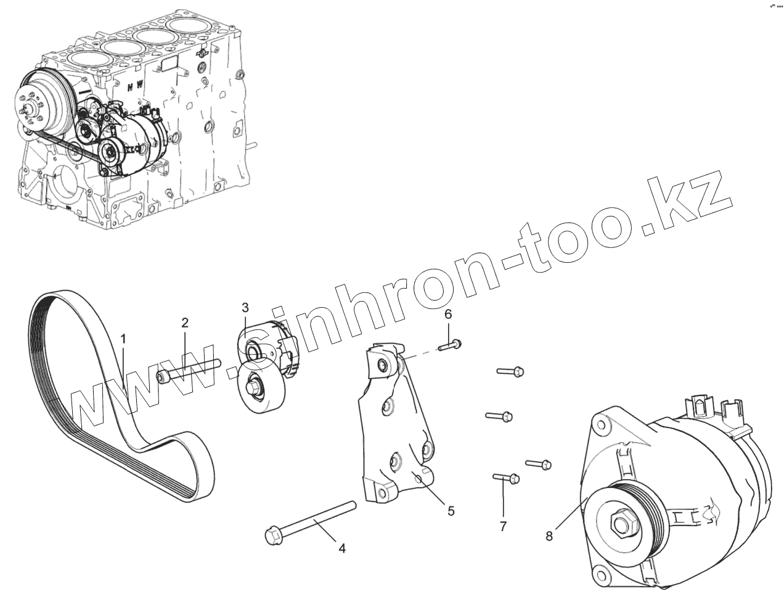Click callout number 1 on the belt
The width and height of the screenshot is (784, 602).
[123, 339]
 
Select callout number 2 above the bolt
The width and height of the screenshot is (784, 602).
[184, 322]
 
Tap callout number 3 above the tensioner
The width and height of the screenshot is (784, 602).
[245, 307]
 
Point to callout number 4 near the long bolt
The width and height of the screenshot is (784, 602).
[341, 548]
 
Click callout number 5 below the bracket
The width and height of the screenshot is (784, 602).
[451, 510]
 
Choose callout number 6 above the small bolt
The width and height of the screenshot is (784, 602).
[448, 314]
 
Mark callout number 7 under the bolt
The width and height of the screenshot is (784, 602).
[503, 526]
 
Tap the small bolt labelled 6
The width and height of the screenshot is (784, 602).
[452, 345]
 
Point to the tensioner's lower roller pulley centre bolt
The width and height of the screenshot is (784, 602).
[253, 387]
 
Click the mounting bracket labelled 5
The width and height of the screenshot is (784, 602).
[394, 432]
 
